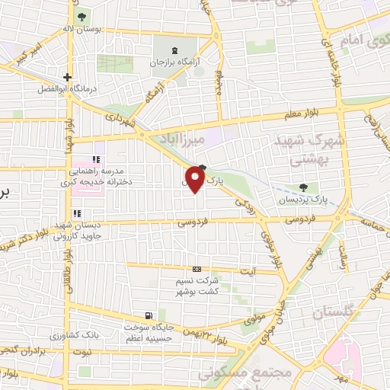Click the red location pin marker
(195, 180)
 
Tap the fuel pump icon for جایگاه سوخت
(147, 315)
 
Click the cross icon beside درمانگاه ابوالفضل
(68, 77)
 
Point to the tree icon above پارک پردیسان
(305, 187)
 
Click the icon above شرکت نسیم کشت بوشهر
(197, 269)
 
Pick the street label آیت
(270, 272)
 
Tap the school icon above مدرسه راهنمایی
(96, 159)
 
